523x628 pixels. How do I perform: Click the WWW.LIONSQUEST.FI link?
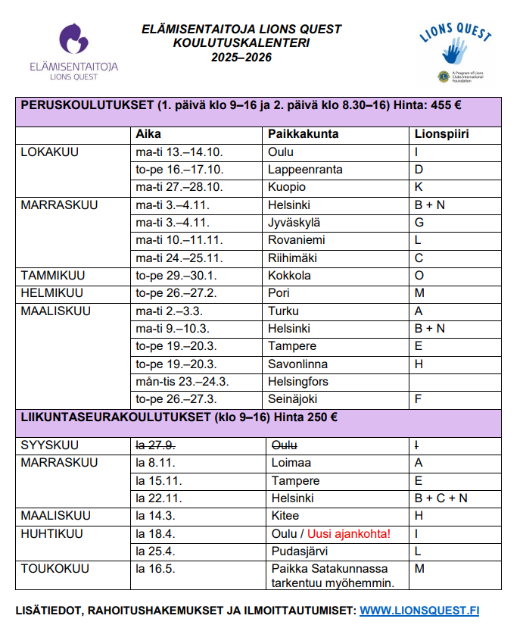(419, 611)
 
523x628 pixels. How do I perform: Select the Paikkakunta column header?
(303, 134)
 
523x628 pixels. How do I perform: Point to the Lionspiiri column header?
(442, 134)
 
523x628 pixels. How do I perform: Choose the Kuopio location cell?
(287, 187)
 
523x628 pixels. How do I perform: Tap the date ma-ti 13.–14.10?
(179, 152)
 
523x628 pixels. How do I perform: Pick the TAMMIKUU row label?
(53, 275)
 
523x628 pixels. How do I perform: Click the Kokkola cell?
(289, 275)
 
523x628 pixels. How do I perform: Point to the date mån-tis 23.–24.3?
(182, 381)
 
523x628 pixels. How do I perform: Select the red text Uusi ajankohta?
(349, 533)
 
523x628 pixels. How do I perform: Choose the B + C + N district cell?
(441, 498)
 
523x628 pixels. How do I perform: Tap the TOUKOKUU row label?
(55, 569)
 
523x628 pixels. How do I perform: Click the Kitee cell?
(285, 516)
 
